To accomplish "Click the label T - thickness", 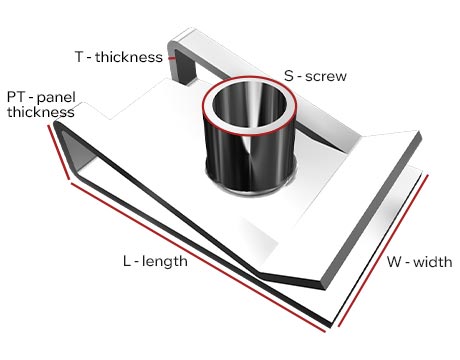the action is click(x=119, y=57).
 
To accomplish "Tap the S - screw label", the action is click(x=315, y=76).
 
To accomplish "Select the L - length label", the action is click(x=155, y=261).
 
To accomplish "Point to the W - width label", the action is click(x=419, y=262).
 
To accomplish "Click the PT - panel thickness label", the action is click(x=41, y=104).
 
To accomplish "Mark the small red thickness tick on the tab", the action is click(x=172, y=58).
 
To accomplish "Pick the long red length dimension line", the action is click(x=198, y=257).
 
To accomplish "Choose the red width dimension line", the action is click(x=383, y=250).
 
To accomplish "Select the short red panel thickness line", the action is click(x=59, y=152).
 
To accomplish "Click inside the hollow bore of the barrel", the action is click(x=249, y=104).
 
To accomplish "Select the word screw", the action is click(x=326, y=77).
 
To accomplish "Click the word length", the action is click(x=165, y=261).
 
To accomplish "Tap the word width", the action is click(x=433, y=262).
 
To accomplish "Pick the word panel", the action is click(x=56, y=98).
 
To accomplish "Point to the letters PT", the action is click(x=16, y=97).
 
